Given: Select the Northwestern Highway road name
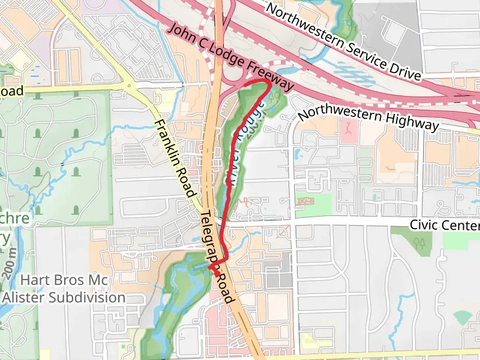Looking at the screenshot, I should (368, 119).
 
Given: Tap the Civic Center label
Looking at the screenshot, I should (445, 225).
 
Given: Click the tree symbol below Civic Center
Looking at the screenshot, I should (419, 242).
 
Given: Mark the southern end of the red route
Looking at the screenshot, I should (215, 274).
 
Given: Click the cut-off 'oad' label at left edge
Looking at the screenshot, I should (11, 91).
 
